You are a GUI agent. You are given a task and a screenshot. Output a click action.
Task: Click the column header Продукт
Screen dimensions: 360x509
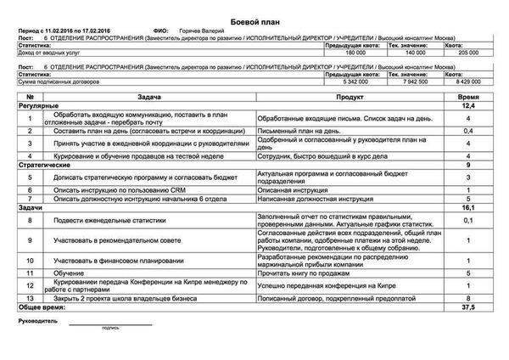pyautogui.click(x=352, y=98)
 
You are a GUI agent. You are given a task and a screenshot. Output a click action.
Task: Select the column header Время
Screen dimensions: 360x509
pyautogui.click(x=468, y=98)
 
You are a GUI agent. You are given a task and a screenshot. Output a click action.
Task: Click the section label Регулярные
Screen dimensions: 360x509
pyautogui.click(x=32, y=106)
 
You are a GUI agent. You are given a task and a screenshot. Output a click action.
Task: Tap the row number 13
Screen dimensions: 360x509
pyautogui.click(x=29, y=299)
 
